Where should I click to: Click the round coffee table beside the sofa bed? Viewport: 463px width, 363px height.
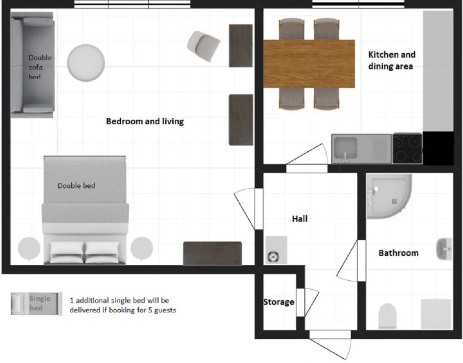coord(86,63)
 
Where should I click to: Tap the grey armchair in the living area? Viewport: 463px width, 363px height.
coord(204,46)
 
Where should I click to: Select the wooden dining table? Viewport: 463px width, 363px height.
coord(309,64)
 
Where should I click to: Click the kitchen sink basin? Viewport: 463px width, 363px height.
coord(345,148)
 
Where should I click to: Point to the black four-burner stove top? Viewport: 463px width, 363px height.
coord(407,148)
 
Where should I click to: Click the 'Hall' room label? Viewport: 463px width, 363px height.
coord(300,219)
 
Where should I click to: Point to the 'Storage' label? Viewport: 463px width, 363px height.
coord(279,302)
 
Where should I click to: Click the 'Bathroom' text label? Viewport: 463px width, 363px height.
coord(398,253)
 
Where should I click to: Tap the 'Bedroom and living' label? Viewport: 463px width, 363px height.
coord(145,121)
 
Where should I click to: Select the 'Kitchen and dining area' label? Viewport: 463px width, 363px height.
coord(391,60)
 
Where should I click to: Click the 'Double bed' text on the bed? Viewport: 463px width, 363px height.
coord(76,186)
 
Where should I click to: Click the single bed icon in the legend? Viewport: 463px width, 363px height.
coord(37,303)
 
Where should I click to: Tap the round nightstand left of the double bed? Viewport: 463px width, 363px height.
coord(29,248)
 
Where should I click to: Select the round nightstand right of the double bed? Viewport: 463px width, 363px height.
coord(142,248)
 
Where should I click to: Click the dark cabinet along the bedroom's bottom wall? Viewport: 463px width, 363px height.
coord(212,253)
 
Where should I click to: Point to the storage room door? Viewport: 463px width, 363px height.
coord(307,302)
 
